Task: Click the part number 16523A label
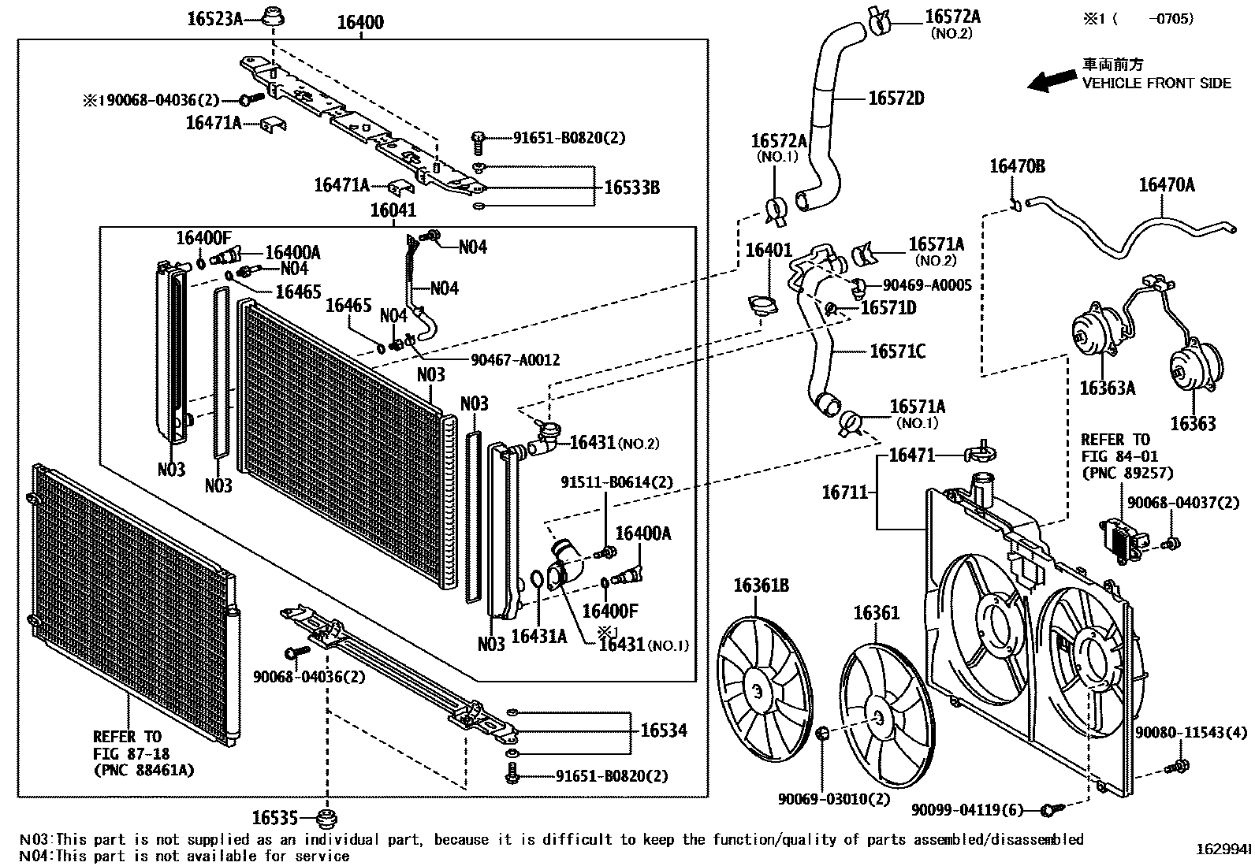(x=214, y=18)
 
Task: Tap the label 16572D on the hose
(x=896, y=98)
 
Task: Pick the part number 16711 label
(x=843, y=492)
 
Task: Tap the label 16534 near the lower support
(x=663, y=730)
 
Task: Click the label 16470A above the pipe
(x=1166, y=185)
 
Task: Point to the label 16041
(x=393, y=210)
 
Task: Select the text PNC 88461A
(x=143, y=769)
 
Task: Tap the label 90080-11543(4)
(x=1191, y=733)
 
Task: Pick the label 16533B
(x=631, y=188)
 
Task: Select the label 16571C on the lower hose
(x=897, y=351)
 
